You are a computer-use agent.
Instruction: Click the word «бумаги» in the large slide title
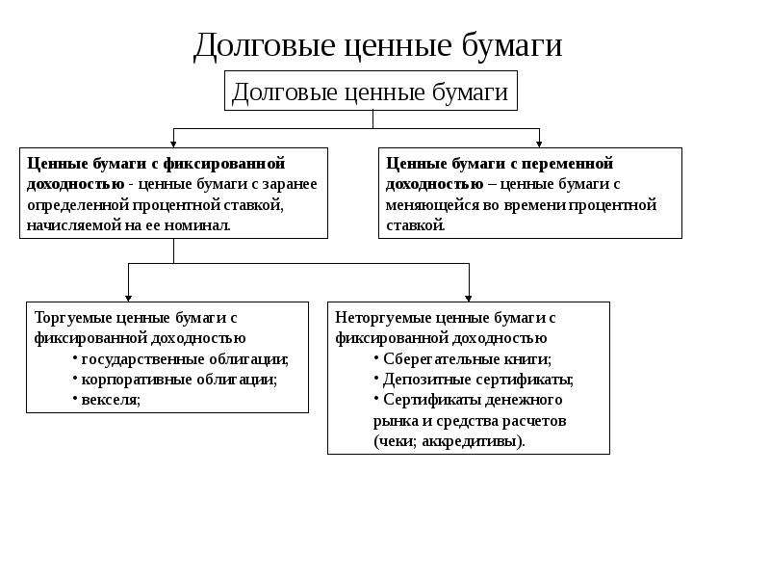[x=511, y=45]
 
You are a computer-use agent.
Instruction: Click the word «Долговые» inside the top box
[x=285, y=92]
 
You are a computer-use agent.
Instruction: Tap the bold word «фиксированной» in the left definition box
[x=224, y=163]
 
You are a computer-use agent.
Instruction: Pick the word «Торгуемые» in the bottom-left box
[x=73, y=318]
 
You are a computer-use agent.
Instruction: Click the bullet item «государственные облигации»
[x=184, y=359]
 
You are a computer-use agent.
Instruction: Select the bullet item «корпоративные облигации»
[x=179, y=380]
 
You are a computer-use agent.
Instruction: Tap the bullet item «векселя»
[x=111, y=400]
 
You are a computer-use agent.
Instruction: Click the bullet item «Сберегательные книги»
[x=467, y=359]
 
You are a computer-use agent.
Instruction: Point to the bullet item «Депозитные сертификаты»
[x=477, y=380]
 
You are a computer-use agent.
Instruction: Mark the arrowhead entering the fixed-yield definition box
[x=173, y=144]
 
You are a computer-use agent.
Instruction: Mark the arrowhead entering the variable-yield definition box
[x=539, y=144]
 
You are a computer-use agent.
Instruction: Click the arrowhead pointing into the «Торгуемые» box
[x=128, y=299]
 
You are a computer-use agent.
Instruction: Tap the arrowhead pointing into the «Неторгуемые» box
[x=469, y=299]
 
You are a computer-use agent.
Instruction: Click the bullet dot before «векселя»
[x=75, y=397]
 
